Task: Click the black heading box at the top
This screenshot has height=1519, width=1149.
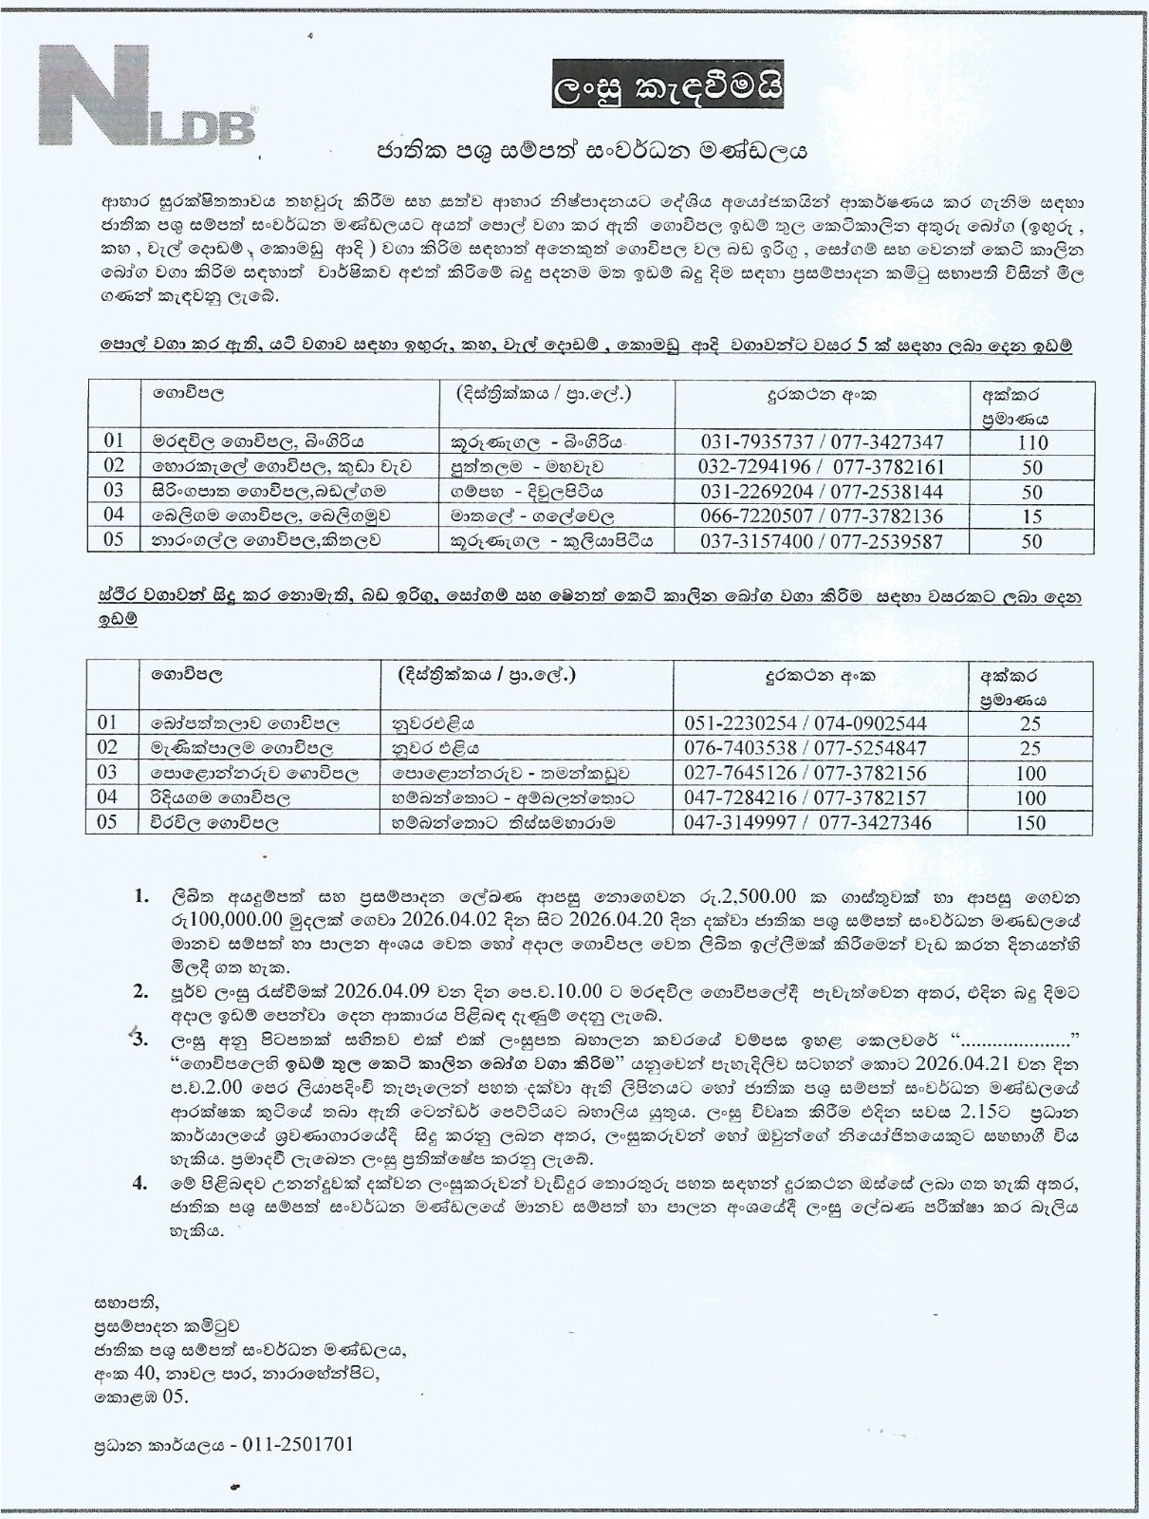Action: (669, 90)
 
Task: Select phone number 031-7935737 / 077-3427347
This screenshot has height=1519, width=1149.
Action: (822, 442)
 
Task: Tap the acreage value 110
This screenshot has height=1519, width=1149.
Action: (1031, 442)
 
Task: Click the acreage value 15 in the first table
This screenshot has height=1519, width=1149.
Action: (1031, 517)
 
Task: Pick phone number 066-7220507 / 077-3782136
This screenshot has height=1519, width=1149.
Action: (822, 517)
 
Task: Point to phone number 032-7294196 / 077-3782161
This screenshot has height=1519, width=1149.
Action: (822, 467)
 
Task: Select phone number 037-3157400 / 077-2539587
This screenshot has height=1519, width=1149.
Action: (822, 542)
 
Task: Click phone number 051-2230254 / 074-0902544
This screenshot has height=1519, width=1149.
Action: (806, 723)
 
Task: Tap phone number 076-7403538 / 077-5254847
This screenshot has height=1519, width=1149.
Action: (806, 748)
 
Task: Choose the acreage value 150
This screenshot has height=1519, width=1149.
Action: (1029, 823)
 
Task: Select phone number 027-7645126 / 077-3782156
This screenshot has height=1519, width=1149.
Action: (806, 774)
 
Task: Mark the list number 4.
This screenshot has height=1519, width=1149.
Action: (140, 1183)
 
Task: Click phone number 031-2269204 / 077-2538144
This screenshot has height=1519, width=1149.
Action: (822, 492)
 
